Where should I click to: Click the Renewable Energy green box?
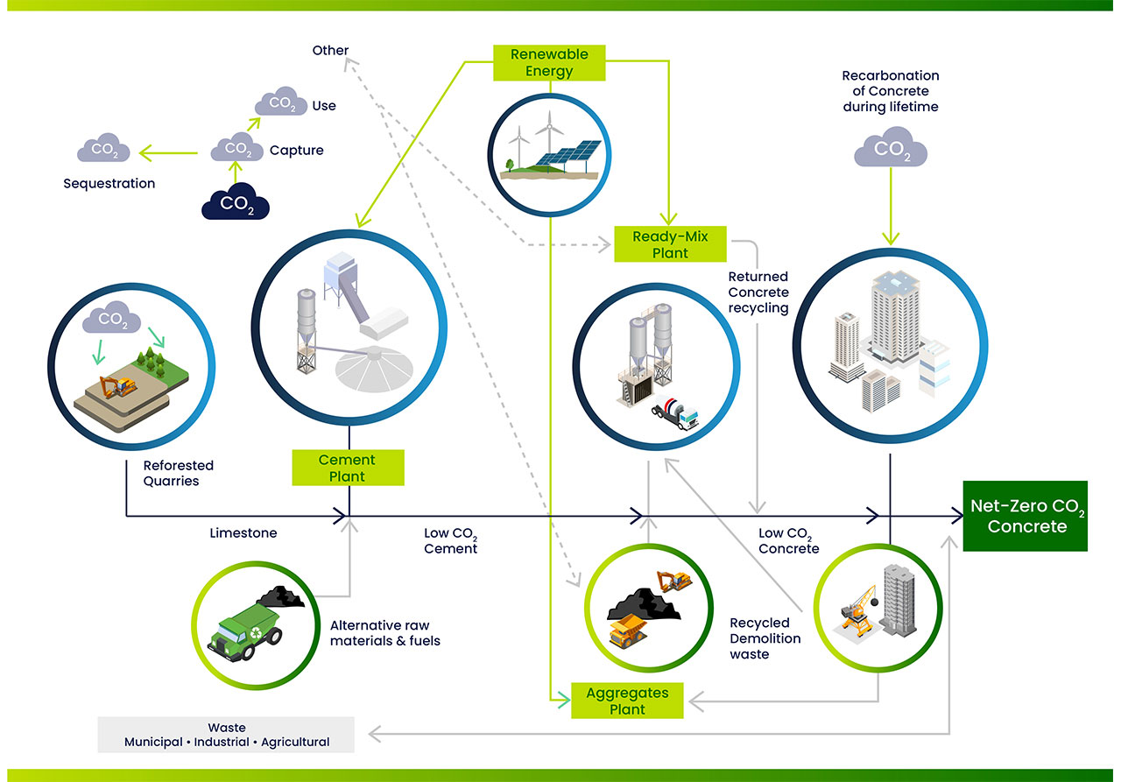coord(549,62)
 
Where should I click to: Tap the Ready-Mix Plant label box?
coord(670,244)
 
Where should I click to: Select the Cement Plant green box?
coord(348,468)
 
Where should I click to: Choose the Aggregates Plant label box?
coord(627,701)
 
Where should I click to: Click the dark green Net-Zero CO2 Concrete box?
coord(1025,517)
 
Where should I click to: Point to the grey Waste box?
coord(227,735)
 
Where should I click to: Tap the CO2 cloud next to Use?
coord(281,103)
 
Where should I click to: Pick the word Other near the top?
coord(330,51)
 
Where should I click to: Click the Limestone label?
coord(243,532)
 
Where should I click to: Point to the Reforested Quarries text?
coord(179,473)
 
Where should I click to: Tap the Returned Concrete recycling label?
coord(758,292)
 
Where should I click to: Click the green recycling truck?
coord(243,629)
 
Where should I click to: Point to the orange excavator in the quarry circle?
coord(117,387)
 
